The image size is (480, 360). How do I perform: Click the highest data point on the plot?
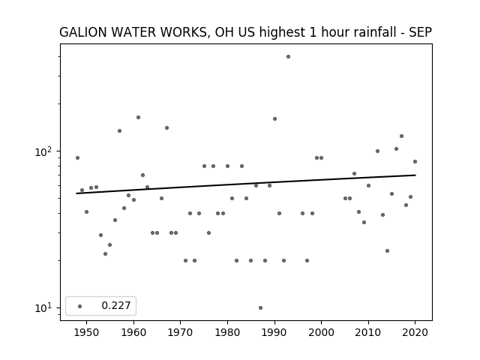[288, 57]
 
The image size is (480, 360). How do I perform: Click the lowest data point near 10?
[260, 308]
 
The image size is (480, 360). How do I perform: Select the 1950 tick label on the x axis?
[87, 332]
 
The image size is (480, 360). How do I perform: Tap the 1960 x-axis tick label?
[133, 332]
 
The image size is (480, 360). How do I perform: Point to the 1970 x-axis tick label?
[181, 332]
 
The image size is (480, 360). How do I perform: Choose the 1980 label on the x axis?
[227, 332]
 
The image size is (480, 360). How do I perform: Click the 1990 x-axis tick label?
[274, 332]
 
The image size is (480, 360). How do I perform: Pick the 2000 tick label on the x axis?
[321, 332]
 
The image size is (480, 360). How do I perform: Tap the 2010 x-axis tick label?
[368, 332]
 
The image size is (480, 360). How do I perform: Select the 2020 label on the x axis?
[415, 332]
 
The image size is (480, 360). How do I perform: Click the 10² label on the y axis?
[43, 151]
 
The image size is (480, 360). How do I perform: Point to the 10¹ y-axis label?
[43, 307]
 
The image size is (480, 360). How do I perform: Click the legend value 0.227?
[116, 305]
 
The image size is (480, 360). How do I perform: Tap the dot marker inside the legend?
[80, 306]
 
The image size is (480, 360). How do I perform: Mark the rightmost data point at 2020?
[415, 162]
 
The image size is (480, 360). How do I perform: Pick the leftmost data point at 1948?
[77, 158]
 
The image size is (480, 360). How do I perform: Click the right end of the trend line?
[415, 175]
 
